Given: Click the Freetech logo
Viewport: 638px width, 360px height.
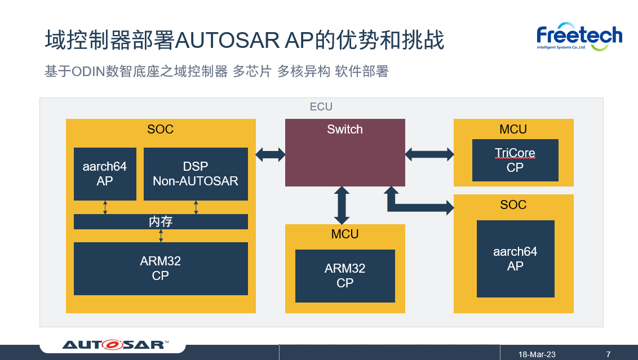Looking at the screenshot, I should pos(579,37).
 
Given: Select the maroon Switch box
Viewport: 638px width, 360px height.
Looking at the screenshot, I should pos(345,153).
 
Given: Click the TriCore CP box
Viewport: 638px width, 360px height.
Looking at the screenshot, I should pos(515,160).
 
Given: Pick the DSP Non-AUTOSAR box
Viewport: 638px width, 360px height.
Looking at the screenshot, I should pos(196,174).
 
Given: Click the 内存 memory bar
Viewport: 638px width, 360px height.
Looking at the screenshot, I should pos(161,221).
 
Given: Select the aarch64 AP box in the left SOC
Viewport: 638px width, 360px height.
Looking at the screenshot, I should pos(105,174).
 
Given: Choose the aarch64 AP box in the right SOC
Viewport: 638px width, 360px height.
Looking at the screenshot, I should pos(515,259).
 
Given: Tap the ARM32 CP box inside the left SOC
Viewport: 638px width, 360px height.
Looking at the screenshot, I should pos(161,268).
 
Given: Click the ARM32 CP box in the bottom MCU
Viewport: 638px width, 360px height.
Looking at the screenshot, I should pos(345,275).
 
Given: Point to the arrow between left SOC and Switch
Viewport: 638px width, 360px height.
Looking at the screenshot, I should pos(271,154).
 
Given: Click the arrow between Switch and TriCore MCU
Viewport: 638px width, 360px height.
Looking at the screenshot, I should pos(429,154).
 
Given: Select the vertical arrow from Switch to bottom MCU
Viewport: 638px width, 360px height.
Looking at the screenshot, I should pos(342,205).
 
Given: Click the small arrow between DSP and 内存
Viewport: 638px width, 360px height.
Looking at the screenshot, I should pos(196,207).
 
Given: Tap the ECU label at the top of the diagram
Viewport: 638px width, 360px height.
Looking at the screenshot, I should pos(321,106).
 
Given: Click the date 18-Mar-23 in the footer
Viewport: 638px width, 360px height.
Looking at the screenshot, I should pos(537,354).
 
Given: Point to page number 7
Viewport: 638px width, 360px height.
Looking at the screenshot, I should pos(608,354).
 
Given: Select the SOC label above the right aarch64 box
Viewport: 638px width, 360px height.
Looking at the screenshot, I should pos(513,205).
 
